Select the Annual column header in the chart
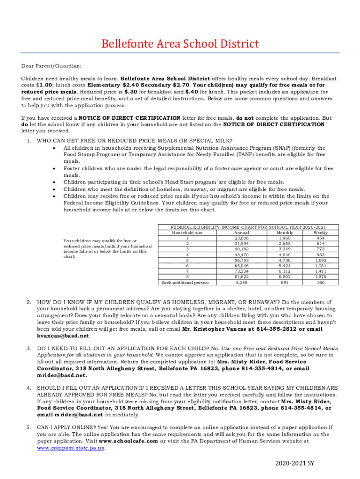tap(241, 232)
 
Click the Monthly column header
tap(284, 232)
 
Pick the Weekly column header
tap(320, 232)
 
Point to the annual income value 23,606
tap(241, 238)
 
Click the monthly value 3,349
tap(284, 249)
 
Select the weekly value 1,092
tap(320, 260)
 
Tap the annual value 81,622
tap(241, 276)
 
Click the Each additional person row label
tap(185, 283)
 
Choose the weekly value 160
tap(320, 283)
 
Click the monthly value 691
tap(284, 283)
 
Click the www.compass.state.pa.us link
tap(71, 448)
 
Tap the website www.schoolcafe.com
tap(129, 441)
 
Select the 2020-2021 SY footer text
tap(297, 464)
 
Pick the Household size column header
tap(187, 232)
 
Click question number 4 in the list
tap(29, 388)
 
